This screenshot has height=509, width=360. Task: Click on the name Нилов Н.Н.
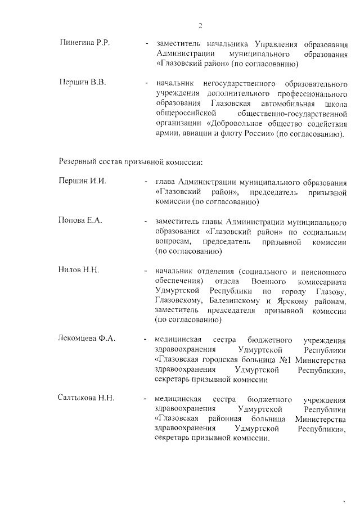point(79,270)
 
